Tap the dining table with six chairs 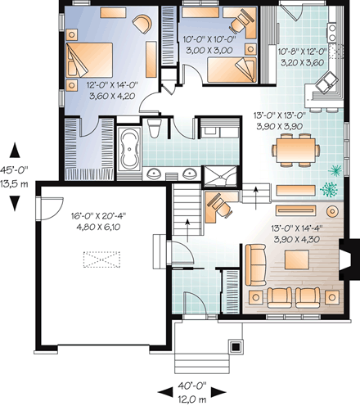295,149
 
